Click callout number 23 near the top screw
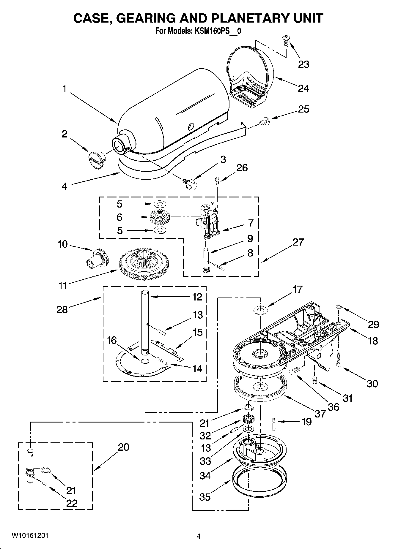tap(303, 64)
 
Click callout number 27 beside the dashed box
tap(298, 242)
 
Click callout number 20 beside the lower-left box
tap(123, 447)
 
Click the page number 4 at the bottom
tap(199, 536)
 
